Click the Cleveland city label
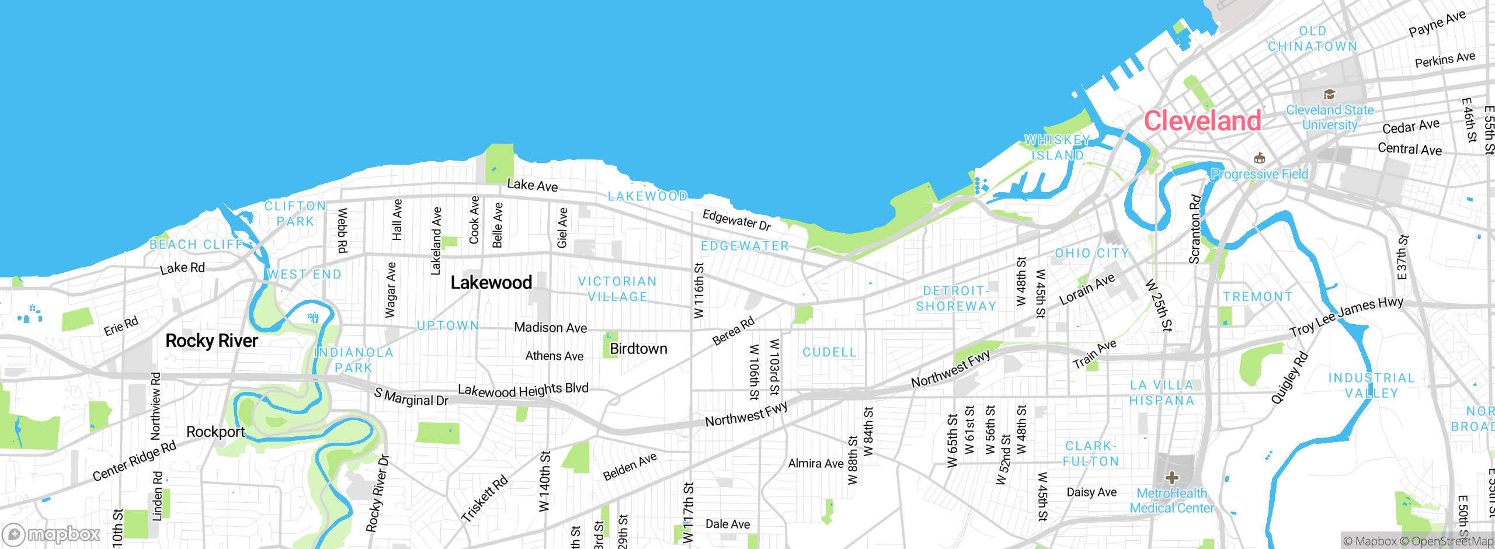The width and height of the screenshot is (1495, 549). pyautogui.click(x=1202, y=121)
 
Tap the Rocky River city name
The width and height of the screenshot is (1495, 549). pyautogui.click(x=211, y=340)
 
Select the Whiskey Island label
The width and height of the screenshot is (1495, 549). pyautogui.click(x=1058, y=148)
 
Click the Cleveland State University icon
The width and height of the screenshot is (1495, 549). pyautogui.click(x=1329, y=95)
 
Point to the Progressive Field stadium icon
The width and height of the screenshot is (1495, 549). pyautogui.click(x=1260, y=158)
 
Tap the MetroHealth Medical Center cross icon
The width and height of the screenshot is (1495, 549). pyautogui.click(x=1171, y=478)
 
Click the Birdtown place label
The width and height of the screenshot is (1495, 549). pyautogui.click(x=638, y=349)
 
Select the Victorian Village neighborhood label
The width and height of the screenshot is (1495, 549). pyautogui.click(x=617, y=289)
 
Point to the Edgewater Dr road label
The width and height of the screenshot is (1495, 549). pyautogui.click(x=736, y=220)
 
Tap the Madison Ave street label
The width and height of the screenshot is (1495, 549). pyautogui.click(x=550, y=328)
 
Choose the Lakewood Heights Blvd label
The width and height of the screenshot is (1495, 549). pyautogui.click(x=523, y=390)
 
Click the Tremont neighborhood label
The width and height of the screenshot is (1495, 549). pyautogui.click(x=1258, y=297)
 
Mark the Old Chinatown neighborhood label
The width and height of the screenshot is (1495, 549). pyautogui.click(x=1312, y=39)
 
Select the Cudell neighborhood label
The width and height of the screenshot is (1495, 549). pyautogui.click(x=829, y=352)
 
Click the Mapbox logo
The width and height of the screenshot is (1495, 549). pyautogui.click(x=51, y=534)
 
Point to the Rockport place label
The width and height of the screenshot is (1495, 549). pyautogui.click(x=215, y=432)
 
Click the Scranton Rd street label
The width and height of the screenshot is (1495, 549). pyautogui.click(x=1195, y=230)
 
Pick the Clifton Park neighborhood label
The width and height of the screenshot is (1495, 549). pyautogui.click(x=295, y=214)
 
